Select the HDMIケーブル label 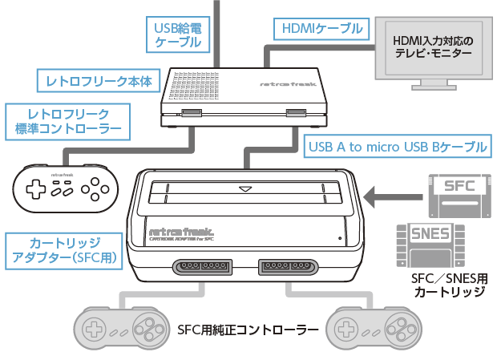[318, 29]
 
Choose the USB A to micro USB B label [398, 146]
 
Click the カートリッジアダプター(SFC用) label [65, 249]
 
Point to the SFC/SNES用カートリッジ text [448, 285]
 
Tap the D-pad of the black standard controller [37, 189]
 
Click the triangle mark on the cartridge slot [245, 190]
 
